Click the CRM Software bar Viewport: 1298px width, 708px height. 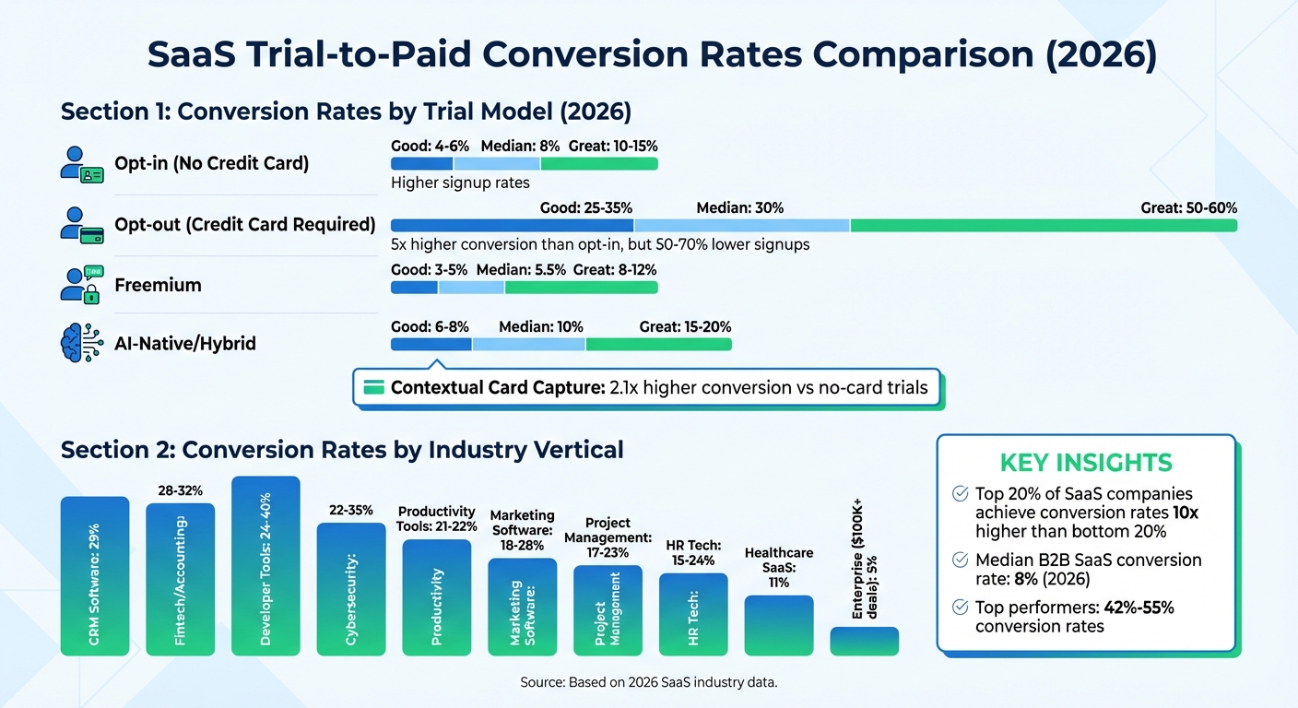click(x=95, y=576)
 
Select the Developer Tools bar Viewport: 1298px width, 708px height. click(x=265, y=566)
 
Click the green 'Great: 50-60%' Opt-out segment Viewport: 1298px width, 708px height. click(x=1043, y=226)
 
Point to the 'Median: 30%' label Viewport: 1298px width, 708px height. click(x=739, y=208)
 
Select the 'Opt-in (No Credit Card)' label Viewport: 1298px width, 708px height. click(x=211, y=164)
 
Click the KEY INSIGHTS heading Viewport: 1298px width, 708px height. click(x=1086, y=463)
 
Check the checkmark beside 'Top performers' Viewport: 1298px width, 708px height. click(x=960, y=608)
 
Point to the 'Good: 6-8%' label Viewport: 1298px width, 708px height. click(x=429, y=327)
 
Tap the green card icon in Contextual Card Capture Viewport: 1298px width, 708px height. click(x=373, y=387)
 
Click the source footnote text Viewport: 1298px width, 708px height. click(x=648, y=683)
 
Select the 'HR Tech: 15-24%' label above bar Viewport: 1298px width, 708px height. click(x=693, y=553)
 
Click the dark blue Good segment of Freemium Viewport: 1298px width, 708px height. click(x=414, y=288)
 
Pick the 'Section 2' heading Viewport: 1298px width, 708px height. click(x=341, y=450)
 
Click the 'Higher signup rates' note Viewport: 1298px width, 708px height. click(x=460, y=183)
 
